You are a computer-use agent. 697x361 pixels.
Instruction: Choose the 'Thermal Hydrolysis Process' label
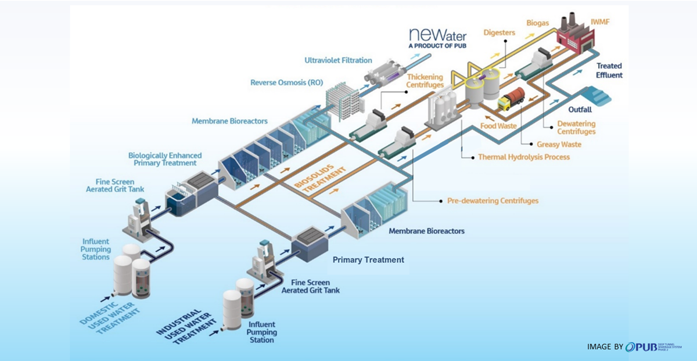click(523, 157)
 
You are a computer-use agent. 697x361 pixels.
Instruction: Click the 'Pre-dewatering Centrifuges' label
click(493, 201)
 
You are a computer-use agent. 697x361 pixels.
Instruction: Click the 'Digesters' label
click(499, 33)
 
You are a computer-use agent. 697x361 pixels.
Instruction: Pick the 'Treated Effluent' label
click(609, 71)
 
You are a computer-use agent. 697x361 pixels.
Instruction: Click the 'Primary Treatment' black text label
click(368, 260)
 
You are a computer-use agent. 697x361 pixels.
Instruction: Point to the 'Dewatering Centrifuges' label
click(576, 128)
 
